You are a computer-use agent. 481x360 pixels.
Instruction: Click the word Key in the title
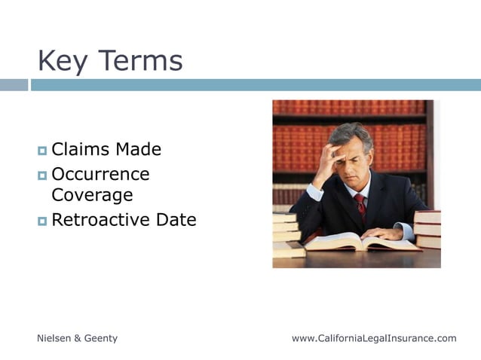tap(62, 61)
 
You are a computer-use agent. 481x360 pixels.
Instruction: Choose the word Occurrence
tap(100, 175)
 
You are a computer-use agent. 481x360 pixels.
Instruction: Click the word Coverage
tap(92, 196)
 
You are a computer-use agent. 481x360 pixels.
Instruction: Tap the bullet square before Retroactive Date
tap(42, 221)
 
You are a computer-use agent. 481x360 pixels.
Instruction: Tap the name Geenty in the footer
tap(101, 339)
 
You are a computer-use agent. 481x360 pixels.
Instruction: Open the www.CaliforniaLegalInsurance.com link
tap(374, 339)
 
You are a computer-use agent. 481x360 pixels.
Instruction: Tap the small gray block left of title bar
tap(14, 85)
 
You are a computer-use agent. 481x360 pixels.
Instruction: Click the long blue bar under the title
tap(256, 85)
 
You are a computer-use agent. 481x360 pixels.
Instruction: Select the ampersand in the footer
tap(78, 339)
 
